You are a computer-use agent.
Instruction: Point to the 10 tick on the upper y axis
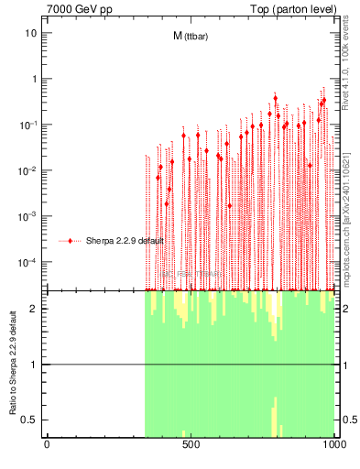tap(30, 33)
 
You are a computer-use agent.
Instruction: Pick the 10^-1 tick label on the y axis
tap(28, 125)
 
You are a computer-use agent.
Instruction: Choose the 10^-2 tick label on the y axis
tap(28, 170)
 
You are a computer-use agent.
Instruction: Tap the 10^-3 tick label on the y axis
tap(28, 216)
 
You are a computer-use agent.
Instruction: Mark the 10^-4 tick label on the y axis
tap(28, 262)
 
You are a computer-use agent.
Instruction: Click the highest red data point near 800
tap(275, 97)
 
